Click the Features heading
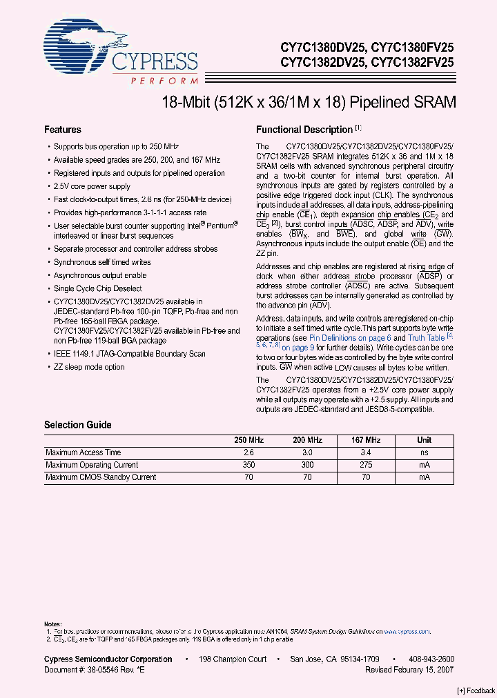coord(63,130)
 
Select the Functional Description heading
coord(304,130)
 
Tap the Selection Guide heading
coord(78,425)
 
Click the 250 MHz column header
coord(249,440)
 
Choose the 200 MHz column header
coord(307,440)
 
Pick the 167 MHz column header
coord(366,440)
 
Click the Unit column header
coord(425,440)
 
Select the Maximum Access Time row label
coord(84,452)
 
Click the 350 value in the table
coord(249,465)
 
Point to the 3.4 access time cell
coord(366,452)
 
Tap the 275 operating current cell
coord(366,465)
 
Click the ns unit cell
coord(425,452)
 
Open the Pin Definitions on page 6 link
coord(350,338)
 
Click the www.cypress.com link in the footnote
coord(407,631)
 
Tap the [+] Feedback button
coord(476,691)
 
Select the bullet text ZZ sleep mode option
coord(89,367)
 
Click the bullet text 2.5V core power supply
coord(92,186)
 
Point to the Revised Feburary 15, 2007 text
coord(409,669)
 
